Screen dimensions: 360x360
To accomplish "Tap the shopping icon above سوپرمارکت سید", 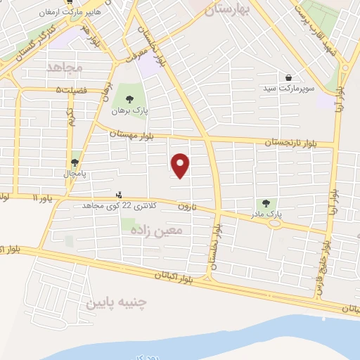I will tap(289, 77).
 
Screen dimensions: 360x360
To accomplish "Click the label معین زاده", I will tap(161, 229).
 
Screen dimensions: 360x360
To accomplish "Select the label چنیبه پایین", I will tap(116, 303).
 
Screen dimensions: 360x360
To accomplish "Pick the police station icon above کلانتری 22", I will tap(118, 195).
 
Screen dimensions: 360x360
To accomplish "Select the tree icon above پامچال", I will tap(75, 162).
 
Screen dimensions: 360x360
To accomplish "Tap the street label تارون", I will tap(184, 207).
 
